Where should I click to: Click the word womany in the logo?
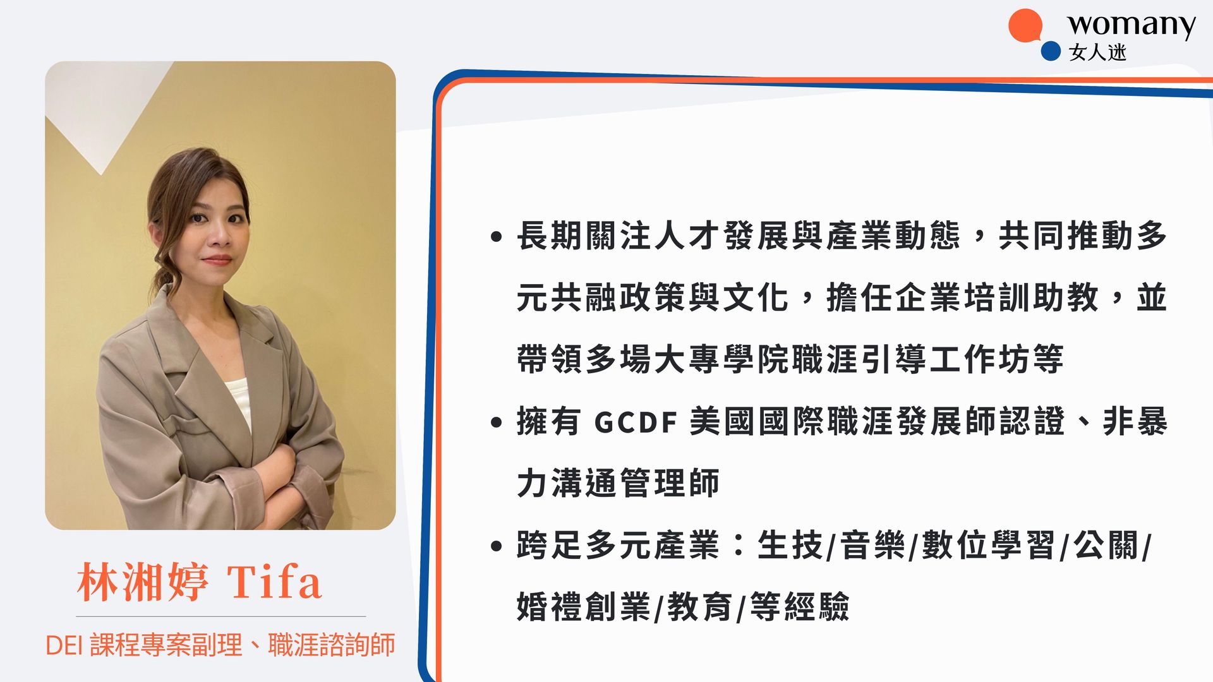click(x=1131, y=25)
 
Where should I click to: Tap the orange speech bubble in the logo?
click(x=1025, y=26)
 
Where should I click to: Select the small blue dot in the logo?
click(x=1050, y=51)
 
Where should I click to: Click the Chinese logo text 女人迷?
click(x=1097, y=52)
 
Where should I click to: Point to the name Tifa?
click(x=274, y=582)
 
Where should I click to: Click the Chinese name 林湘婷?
click(x=142, y=582)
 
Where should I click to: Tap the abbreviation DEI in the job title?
click(x=64, y=645)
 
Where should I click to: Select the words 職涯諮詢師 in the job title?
click(x=332, y=645)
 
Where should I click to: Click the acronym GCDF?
click(x=636, y=422)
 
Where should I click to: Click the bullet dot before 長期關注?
click(x=496, y=237)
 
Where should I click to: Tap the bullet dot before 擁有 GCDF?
click(x=496, y=422)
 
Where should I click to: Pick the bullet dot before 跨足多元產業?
click(x=496, y=546)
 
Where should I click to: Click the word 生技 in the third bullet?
click(x=790, y=545)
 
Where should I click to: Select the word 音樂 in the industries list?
click(x=872, y=545)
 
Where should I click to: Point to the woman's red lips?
click(x=217, y=260)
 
